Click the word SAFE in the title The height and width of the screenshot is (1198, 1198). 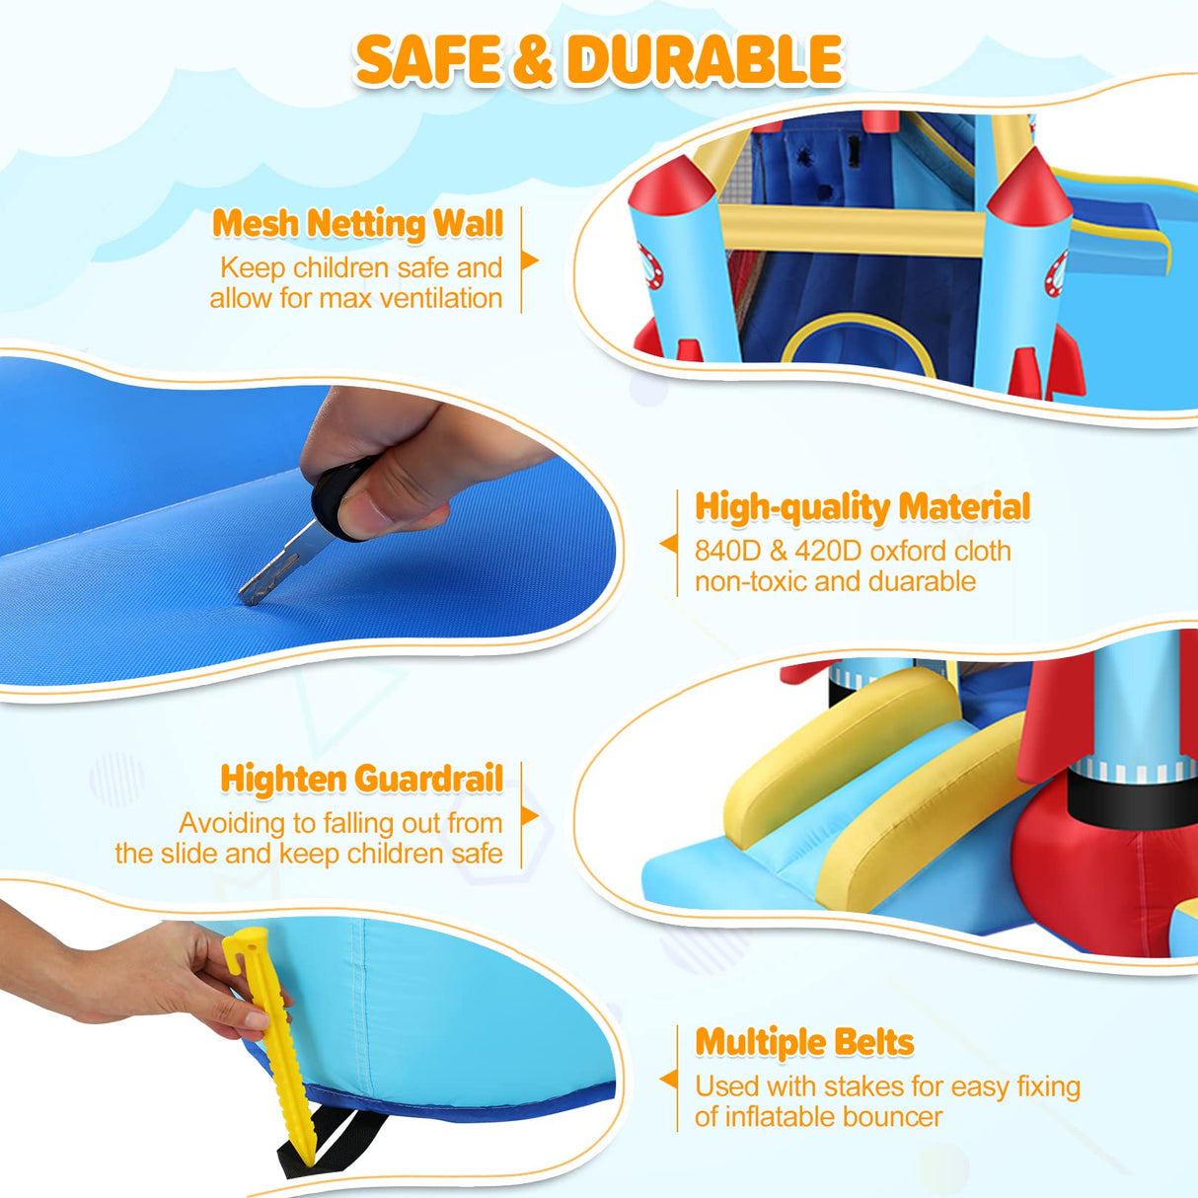click(428, 60)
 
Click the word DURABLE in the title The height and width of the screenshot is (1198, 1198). click(705, 60)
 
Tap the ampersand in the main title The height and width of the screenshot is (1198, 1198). click(533, 61)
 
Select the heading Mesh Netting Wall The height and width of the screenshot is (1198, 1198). click(357, 223)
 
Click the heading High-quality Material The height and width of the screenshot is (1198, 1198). click(862, 507)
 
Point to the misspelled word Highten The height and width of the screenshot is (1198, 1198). click(283, 779)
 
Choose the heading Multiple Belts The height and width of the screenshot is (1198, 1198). click(804, 1042)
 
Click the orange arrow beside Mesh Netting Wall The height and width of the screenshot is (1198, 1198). click(530, 261)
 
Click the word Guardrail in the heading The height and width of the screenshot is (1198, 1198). click(429, 779)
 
